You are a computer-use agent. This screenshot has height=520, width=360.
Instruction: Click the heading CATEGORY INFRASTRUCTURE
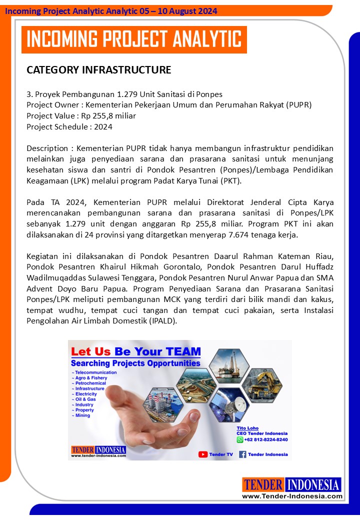click(x=98, y=70)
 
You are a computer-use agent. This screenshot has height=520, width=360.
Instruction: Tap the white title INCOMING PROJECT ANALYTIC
click(x=134, y=39)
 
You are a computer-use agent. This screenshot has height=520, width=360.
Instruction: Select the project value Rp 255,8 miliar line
click(x=81, y=116)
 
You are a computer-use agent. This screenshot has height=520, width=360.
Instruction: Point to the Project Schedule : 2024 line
click(x=69, y=127)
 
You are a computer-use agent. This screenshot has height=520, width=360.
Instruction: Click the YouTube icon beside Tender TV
click(x=203, y=454)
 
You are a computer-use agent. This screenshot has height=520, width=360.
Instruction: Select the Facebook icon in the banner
click(x=242, y=454)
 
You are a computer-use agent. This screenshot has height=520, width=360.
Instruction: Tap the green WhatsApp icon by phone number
click(x=239, y=439)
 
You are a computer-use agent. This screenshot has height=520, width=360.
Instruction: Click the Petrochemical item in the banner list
click(x=89, y=383)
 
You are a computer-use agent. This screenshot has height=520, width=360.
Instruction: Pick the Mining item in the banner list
click(x=82, y=415)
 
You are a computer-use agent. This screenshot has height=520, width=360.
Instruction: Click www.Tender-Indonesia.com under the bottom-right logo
click(x=292, y=496)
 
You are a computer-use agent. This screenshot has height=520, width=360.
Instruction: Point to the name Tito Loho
click(x=247, y=428)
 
